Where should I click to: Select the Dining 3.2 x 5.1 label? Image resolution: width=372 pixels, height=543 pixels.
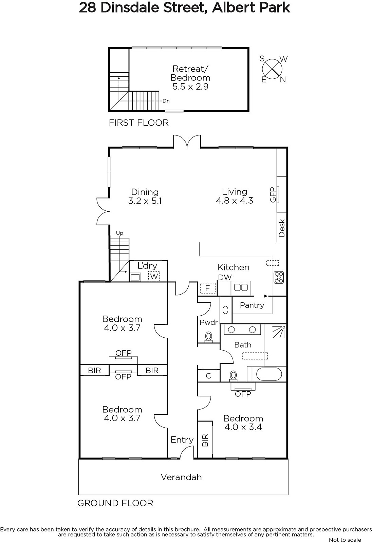pyautogui.click(x=145, y=196)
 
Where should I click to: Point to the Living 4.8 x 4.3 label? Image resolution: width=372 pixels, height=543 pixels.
pyautogui.click(x=235, y=196)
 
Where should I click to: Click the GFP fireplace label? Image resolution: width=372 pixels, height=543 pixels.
pyautogui.click(x=273, y=195)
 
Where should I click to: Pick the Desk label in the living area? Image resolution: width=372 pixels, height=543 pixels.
pyautogui.click(x=282, y=228)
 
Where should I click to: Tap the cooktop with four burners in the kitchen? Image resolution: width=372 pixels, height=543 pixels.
pyautogui.click(x=279, y=277)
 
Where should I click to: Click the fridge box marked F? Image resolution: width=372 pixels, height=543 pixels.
pyautogui.click(x=208, y=288)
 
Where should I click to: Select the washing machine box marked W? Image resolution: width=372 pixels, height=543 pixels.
pyautogui.click(x=154, y=276)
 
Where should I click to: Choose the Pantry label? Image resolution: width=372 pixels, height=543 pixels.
pyautogui.click(x=252, y=305)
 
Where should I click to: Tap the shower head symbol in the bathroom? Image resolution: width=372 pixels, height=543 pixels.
pyautogui.click(x=280, y=332)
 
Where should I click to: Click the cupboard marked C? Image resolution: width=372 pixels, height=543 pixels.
pyautogui.click(x=208, y=376)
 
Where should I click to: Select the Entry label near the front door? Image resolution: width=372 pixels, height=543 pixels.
pyautogui.click(x=182, y=439)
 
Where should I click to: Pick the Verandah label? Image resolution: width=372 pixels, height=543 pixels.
pyautogui.click(x=181, y=477)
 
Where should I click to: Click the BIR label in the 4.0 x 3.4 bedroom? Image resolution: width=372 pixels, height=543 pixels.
pyautogui.click(x=205, y=440)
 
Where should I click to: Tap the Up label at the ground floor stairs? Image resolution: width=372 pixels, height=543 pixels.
pyautogui.click(x=119, y=233)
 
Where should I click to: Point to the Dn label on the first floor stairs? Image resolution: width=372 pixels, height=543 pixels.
pyautogui.click(x=166, y=101)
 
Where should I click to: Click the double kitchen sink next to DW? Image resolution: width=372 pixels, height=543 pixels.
pyautogui.click(x=241, y=287)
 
